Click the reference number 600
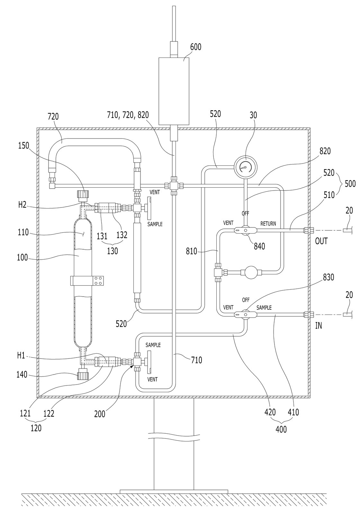(196, 47)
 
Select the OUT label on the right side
(321, 241)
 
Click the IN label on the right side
(319, 325)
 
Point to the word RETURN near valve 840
(268, 224)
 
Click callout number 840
(259, 246)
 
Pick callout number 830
(328, 277)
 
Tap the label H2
(22, 205)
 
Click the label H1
(21, 356)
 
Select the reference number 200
(100, 414)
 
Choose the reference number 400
(281, 429)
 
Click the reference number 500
(350, 183)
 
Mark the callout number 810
(192, 252)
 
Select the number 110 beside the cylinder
(23, 233)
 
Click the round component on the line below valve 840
(251, 272)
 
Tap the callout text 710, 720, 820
(128, 115)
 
